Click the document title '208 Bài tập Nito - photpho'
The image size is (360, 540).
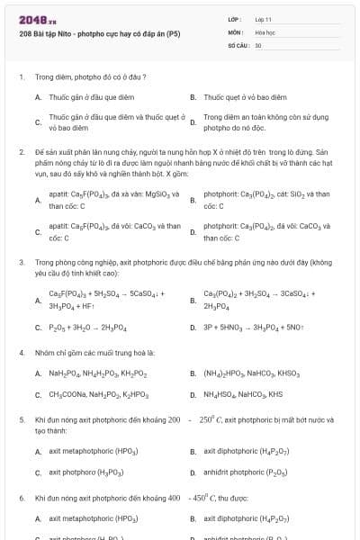click(x=99, y=34)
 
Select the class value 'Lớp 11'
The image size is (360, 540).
click(x=265, y=19)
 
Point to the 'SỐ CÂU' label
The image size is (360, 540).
click(x=238, y=44)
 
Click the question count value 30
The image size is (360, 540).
click(x=258, y=44)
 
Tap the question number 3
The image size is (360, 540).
click(x=21, y=262)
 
